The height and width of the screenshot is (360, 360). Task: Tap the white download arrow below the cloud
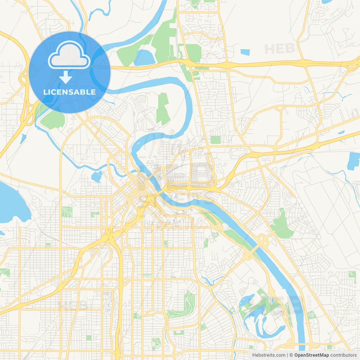66,77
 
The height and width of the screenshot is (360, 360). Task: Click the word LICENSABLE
69,92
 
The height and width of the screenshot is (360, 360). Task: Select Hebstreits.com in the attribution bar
269,355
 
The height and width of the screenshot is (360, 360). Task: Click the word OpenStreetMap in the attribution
311,355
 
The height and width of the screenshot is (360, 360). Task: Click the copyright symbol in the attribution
291,355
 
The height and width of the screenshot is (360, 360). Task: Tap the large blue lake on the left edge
11,202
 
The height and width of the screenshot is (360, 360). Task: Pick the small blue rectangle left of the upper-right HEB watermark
245,52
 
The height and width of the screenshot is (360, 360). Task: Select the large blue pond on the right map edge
354,161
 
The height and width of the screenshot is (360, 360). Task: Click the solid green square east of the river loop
216,140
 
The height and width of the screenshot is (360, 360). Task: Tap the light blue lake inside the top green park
144,58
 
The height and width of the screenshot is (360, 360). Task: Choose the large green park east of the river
282,225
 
